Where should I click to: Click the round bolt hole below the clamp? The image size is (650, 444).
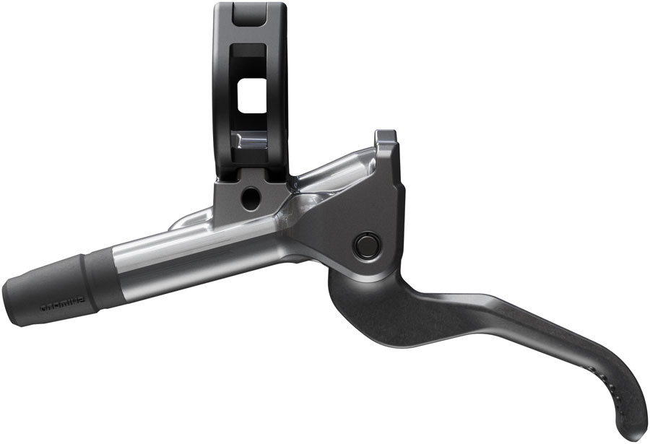click(249, 195)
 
